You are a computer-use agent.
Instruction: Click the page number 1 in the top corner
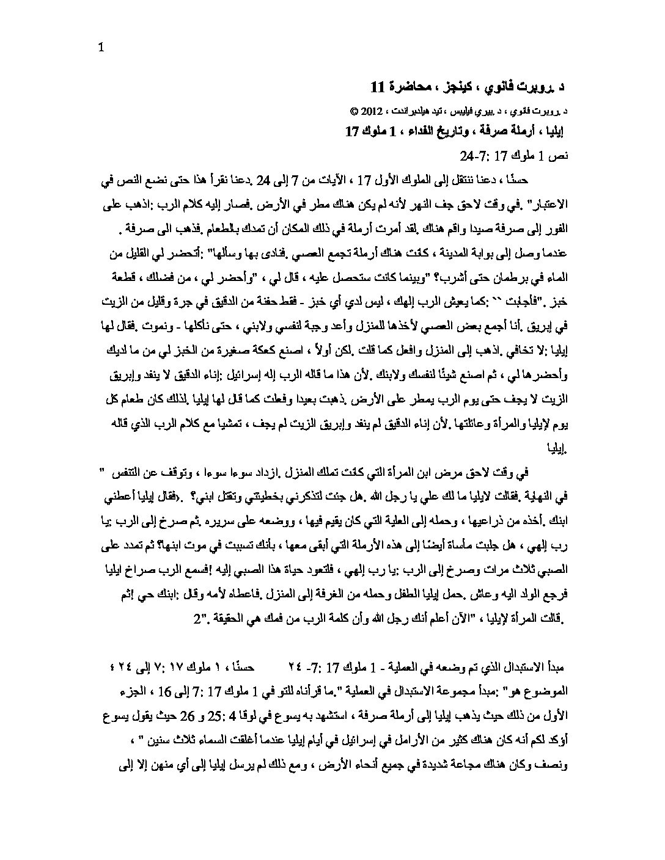[101, 48]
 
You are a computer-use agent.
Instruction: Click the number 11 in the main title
[378, 87]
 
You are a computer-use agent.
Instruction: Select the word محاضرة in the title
[418, 87]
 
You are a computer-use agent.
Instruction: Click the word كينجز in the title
[477, 87]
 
